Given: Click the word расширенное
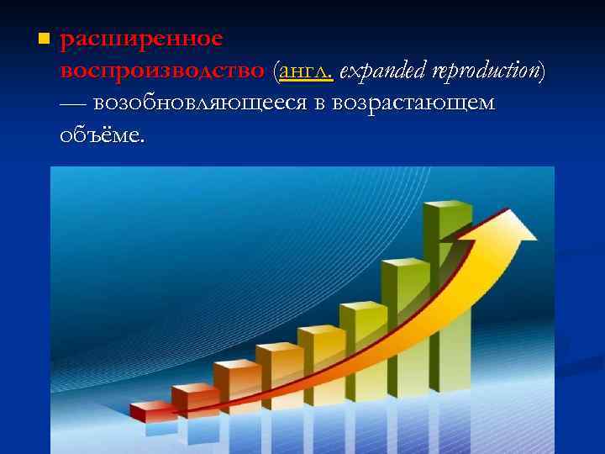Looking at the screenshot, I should pyautogui.click(x=141, y=40).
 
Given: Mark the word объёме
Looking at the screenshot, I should pyautogui.click(x=102, y=134).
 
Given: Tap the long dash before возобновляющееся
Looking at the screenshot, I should pyautogui.click(x=73, y=103).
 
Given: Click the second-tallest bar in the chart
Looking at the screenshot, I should pyautogui.click(x=403, y=324).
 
